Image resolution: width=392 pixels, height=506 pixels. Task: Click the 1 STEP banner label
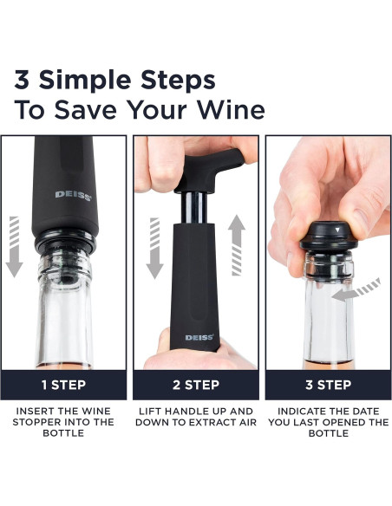65,383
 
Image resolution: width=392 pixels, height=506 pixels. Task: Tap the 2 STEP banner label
196,383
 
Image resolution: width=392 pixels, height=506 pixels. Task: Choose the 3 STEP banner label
327,383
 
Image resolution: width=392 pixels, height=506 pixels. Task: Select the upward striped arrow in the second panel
237,245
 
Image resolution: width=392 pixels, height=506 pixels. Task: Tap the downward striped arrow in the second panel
154,247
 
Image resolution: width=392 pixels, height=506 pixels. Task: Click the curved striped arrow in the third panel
359,291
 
